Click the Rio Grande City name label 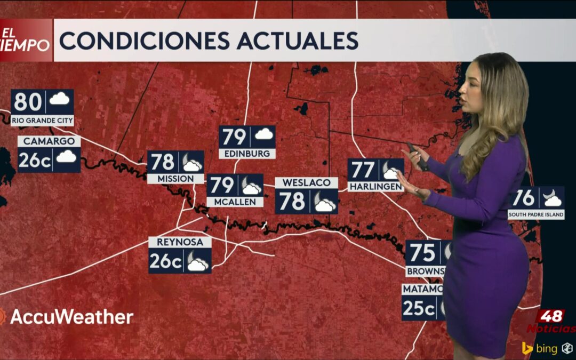(x=42, y=121)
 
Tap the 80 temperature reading (x=28, y=101)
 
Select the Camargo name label (x=49, y=141)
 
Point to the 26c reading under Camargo (x=35, y=159)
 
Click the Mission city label (x=175, y=178)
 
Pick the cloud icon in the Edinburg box (x=263, y=134)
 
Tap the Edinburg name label (x=247, y=154)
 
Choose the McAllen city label (x=235, y=202)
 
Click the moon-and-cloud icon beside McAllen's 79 (x=251, y=186)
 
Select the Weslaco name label (x=306, y=182)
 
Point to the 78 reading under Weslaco (x=292, y=202)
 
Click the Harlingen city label (x=375, y=187)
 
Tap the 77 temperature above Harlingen (x=363, y=170)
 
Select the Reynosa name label (x=180, y=242)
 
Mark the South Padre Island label (x=536, y=215)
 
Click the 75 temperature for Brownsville (x=422, y=252)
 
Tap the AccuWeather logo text (x=71, y=317)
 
